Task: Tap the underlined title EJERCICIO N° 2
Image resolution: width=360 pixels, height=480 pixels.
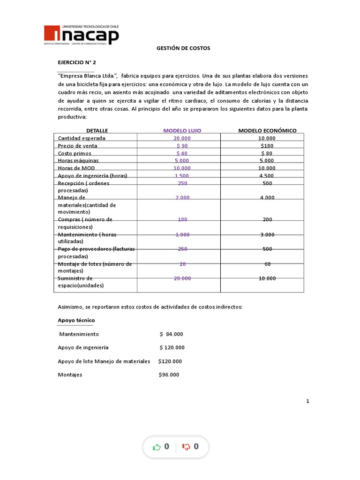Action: coord(76,62)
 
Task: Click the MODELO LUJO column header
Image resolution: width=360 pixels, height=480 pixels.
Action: coord(182,131)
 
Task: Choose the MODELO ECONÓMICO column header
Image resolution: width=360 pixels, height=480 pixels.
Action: coord(267,131)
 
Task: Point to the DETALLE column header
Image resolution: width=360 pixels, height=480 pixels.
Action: coord(97,131)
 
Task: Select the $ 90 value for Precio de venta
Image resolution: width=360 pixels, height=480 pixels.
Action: coord(182,146)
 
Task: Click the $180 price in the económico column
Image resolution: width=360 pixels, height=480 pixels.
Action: coord(267,146)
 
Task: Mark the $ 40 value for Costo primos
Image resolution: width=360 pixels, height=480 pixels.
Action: coord(182,153)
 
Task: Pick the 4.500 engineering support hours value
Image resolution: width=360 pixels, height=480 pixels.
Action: coord(267,176)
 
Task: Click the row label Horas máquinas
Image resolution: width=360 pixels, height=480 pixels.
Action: coord(78,161)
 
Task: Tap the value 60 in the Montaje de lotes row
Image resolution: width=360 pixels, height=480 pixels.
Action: coord(267,264)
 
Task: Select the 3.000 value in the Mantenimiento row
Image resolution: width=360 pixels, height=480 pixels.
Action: coord(267,234)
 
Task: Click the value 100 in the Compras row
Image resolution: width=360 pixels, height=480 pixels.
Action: coord(182,219)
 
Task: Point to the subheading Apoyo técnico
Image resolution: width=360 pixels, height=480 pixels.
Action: coord(76,320)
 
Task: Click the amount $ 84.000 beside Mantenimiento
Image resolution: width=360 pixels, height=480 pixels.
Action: coord(171,334)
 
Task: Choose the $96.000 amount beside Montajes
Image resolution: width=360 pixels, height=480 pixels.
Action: coord(169,375)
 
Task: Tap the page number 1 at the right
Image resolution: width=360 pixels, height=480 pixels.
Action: coord(308,401)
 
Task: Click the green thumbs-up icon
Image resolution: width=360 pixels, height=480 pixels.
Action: coord(157,447)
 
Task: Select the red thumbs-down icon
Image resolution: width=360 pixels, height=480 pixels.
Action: coord(186,447)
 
